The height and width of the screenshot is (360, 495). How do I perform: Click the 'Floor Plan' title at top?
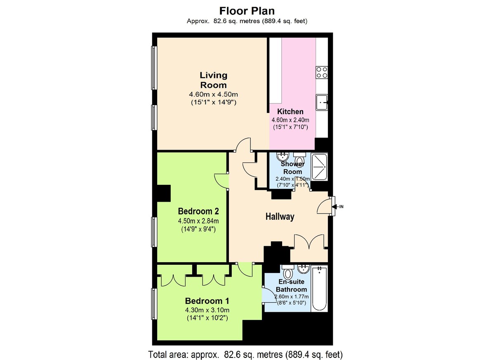247,10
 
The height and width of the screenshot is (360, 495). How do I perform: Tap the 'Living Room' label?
213,80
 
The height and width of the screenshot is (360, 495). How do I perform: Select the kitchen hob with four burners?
322,72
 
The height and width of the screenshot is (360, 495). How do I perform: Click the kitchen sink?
322,102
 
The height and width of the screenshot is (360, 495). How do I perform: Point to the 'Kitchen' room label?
290,111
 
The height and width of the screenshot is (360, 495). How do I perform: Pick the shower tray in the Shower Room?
319,167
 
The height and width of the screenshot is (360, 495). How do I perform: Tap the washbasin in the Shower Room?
283,157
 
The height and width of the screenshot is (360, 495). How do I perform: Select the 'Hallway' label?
280,216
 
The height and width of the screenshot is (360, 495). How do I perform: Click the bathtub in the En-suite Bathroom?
319,289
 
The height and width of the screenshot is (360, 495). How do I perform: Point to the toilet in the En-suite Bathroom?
288,272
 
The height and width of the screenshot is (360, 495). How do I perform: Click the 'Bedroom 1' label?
207,301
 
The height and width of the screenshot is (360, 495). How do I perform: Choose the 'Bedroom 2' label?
198,211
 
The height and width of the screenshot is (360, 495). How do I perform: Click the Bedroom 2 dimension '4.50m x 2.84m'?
198,221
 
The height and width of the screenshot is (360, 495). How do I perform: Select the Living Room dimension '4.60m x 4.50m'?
213,94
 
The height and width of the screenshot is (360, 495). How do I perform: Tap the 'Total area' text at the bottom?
245,354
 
